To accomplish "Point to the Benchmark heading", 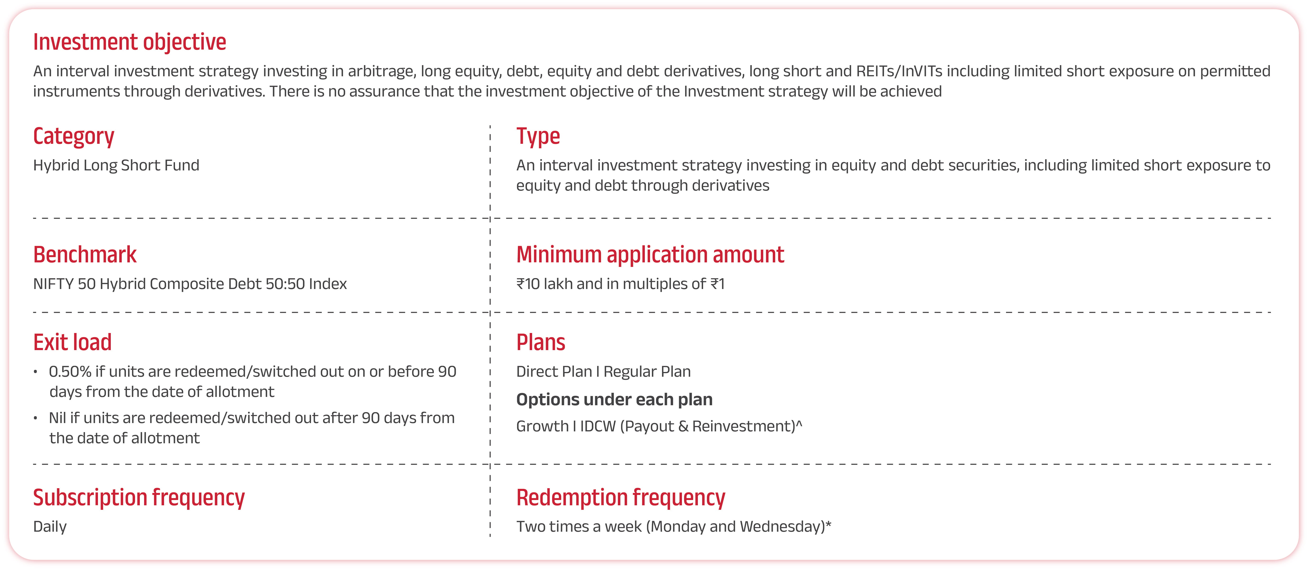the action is coord(85,255).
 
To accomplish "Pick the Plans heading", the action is coord(541,343).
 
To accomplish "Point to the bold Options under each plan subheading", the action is coord(614,400).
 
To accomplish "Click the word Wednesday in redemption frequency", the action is coord(782,527).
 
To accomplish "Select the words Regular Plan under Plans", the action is coord(647,372).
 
